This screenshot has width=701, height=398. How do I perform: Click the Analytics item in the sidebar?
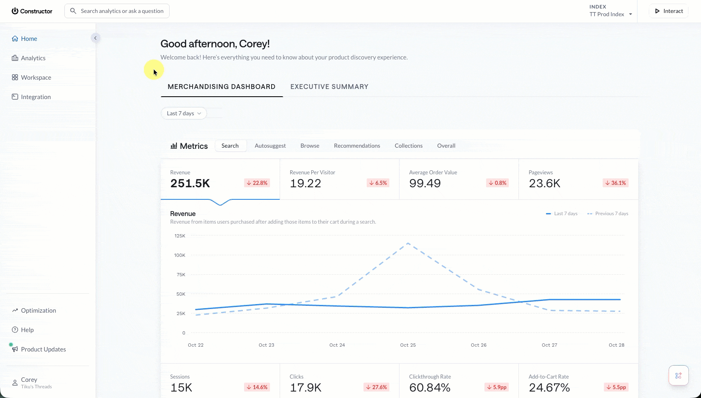point(29,58)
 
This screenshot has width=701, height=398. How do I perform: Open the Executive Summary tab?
point(329,87)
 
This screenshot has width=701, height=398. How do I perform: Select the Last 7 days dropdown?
point(184,113)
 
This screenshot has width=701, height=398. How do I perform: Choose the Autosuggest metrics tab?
point(270,146)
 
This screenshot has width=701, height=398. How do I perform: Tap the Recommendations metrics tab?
point(357,146)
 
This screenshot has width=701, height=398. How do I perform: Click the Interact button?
point(669,11)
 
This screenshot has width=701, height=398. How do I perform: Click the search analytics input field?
point(117,11)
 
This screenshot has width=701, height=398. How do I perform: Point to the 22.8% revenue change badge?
point(257,183)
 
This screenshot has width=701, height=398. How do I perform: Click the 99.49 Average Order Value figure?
point(425,183)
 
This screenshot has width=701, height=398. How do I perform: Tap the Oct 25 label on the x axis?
point(408,345)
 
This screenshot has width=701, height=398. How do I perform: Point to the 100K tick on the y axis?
point(180,255)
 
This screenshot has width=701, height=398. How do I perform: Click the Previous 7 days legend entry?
point(608,214)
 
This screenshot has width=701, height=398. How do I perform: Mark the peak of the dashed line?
point(408,243)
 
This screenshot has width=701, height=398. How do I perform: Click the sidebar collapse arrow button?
point(96,38)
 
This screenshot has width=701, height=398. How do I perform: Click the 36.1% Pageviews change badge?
point(616,183)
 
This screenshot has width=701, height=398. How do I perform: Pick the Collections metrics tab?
point(408,146)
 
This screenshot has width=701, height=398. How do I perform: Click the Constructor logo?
point(32,11)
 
